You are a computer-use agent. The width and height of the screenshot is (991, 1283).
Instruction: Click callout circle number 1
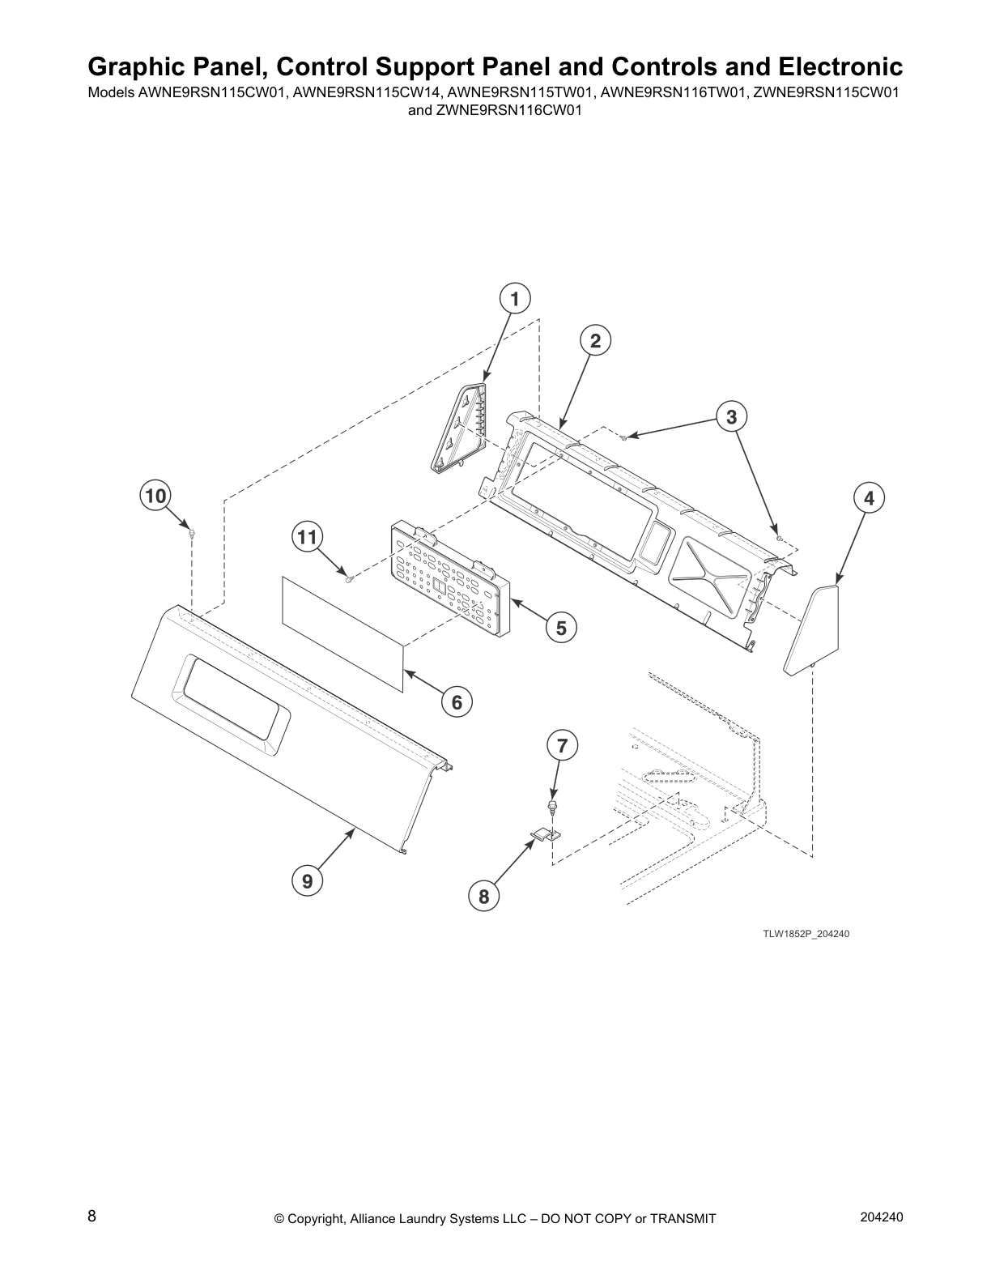pyautogui.click(x=515, y=300)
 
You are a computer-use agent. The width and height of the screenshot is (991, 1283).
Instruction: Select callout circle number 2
pyautogui.click(x=595, y=341)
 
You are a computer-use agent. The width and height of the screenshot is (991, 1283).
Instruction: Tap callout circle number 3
pyautogui.click(x=731, y=417)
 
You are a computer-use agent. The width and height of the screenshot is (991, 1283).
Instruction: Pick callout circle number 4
pyautogui.click(x=869, y=498)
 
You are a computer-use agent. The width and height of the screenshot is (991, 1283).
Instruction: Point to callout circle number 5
pyautogui.click(x=561, y=629)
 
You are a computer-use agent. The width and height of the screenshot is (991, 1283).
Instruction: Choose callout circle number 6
pyautogui.click(x=457, y=702)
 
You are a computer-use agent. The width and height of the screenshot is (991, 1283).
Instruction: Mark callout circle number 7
pyautogui.click(x=562, y=746)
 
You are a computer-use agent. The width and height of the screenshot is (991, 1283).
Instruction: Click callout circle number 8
pyautogui.click(x=483, y=897)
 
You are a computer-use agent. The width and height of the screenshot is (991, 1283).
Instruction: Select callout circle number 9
pyautogui.click(x=308, y=881)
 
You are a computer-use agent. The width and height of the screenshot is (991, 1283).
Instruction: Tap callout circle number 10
pyautogui.click(x=155, y=495)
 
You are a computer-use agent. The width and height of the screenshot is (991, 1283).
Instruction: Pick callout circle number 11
pyautogui.click(x=307, y=537)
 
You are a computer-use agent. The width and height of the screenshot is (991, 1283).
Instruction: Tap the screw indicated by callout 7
pyautogui.click(x=552, y=807)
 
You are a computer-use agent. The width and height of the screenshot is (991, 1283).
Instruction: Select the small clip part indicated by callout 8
pyautogui.click(x=546, y=833)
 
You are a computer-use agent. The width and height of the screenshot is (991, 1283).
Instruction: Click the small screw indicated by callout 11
pyautogui.click(x=350, y=578)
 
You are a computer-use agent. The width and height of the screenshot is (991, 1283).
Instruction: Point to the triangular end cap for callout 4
pyautogui.click(x=811, y=629)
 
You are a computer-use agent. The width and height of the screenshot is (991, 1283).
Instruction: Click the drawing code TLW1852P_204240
pyautogui.click(x=806, y=933)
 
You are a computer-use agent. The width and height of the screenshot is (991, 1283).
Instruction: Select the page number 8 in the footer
pyautogui.click(x=92, y=1216)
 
